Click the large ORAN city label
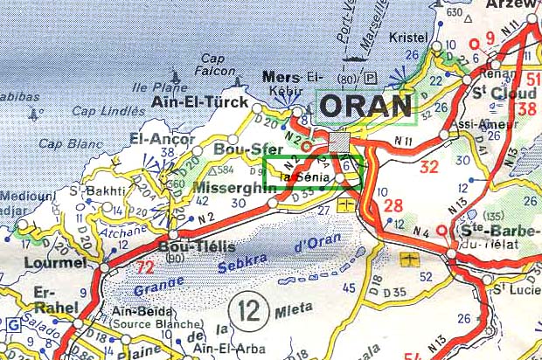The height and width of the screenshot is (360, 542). [365, 106]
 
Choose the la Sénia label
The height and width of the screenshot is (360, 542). [305, 177]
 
